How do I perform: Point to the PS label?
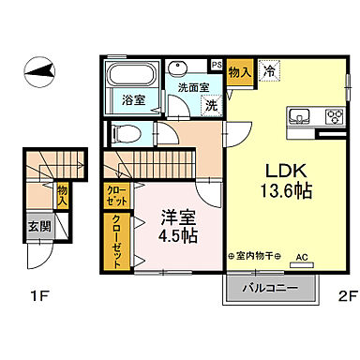(217, 65)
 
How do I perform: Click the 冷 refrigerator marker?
(269, 70)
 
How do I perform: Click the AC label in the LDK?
(302, 255)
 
